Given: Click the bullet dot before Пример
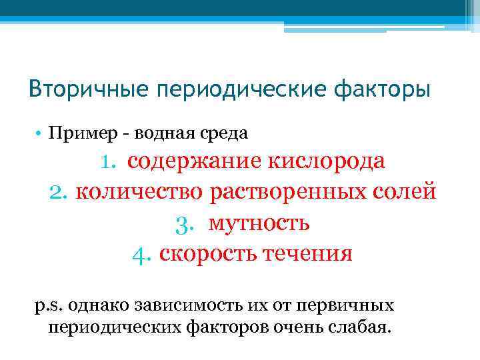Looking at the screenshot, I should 39,133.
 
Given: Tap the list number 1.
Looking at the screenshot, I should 109,162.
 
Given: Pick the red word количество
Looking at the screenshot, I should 139,191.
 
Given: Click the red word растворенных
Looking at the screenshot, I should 291,191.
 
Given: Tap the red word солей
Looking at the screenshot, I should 407,191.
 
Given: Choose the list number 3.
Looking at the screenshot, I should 185,223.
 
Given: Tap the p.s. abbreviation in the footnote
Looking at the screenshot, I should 47,305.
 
